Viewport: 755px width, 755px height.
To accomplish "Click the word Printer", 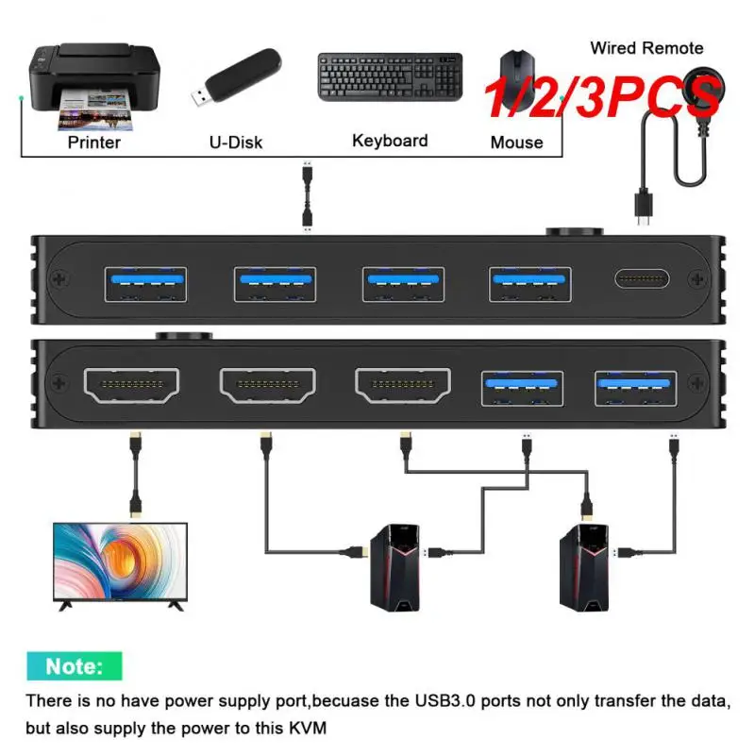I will coord(94,143).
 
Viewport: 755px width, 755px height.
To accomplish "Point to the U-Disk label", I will coord(235,143).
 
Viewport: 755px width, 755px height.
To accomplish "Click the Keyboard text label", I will coord(390,141).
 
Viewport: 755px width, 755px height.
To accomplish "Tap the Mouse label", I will coord(516,143).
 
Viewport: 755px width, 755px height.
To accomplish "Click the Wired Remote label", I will coord(646,47).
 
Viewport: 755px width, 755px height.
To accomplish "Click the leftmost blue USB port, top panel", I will coord(145,281).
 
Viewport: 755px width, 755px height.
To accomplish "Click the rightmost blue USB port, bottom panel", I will coord(636,386).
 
